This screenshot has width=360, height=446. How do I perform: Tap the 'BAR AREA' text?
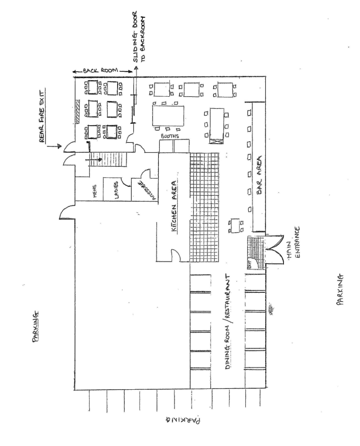point(259,175)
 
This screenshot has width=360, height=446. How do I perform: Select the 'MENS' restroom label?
point(95,191)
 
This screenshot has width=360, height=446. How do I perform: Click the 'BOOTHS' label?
point(170,136)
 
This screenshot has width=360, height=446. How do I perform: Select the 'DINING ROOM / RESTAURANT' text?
point(229,322)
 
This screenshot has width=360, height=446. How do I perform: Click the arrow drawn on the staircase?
point(94,160)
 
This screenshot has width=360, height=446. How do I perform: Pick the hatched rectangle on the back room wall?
point(77,111)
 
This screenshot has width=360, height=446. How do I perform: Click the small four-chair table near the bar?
point(236,225)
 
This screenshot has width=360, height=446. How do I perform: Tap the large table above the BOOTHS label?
point(168,116)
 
